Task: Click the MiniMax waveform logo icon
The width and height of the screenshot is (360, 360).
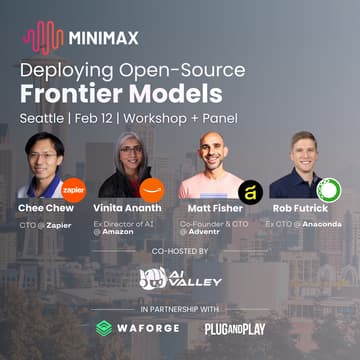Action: [44, 39]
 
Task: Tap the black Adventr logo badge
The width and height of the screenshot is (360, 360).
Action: [249, 189]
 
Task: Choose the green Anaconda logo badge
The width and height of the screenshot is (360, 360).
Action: [329, 188]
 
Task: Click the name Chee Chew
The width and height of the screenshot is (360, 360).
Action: [47, 210]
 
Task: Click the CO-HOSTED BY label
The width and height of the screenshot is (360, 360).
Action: [180, 251]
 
